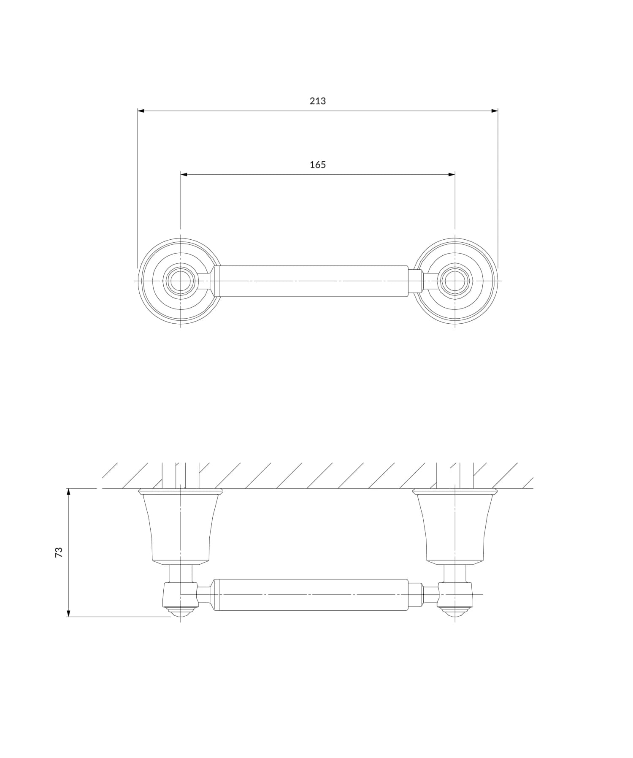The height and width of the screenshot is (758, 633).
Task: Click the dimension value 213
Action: pos(317,101)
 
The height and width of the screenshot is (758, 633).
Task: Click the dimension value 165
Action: pos(317,165)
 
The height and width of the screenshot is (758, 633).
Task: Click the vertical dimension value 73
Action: pos(59,552)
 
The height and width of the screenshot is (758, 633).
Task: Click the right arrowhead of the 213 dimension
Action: pos(495,111)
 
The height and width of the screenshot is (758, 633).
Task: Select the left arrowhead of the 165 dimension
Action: pos(184,174)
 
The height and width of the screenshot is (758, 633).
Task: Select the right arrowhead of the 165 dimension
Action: pos(452,174)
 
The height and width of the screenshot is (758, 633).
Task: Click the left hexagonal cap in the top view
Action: pos(181,281)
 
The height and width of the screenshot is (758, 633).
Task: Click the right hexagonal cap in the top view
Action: pos(455,281)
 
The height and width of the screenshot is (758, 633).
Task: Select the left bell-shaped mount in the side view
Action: pos(181,528)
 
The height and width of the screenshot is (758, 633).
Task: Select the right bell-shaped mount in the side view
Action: pos(455,528)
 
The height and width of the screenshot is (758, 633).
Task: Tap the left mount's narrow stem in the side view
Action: pos(181,573)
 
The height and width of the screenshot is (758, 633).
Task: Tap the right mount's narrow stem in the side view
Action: pos(455,573)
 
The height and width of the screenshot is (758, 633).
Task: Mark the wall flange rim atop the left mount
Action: pos(181,491)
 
